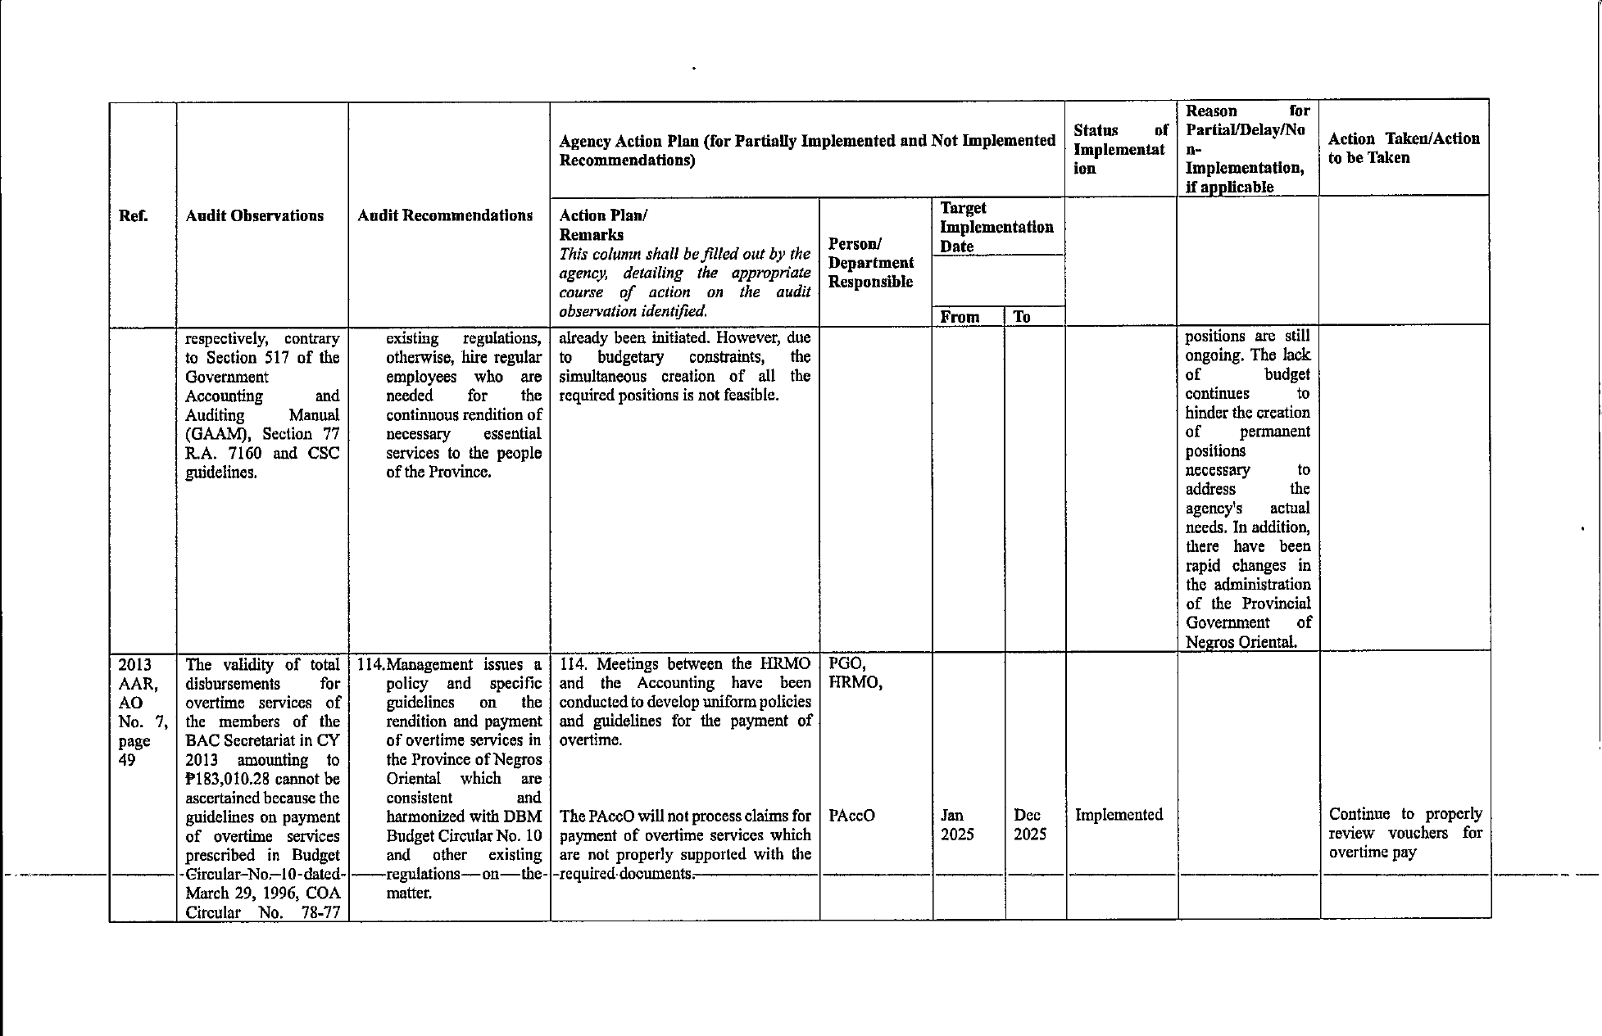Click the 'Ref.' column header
134,216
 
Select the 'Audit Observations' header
254,216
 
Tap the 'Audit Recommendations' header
445,216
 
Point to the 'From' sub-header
960,317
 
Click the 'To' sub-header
1021,317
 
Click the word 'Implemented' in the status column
1119,815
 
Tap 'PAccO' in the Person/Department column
851,816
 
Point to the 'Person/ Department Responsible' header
870,263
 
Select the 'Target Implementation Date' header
996,228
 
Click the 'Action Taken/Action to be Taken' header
1404,148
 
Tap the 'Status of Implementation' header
1119,149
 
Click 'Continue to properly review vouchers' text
1405,823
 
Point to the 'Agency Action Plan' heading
806,150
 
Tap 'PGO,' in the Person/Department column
847,664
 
